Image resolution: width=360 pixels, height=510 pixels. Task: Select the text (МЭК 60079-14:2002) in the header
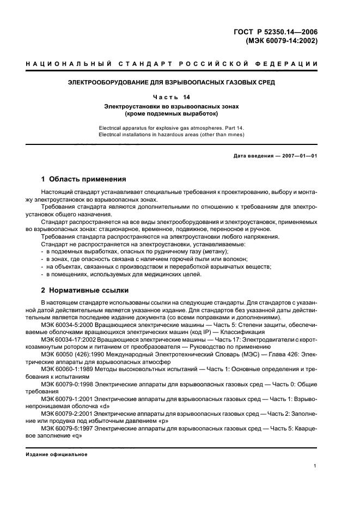(x=282, y=40)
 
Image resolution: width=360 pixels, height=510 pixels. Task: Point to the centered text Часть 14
(x=171, y=97)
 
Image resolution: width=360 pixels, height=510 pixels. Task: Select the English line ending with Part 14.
(x=171, y=127)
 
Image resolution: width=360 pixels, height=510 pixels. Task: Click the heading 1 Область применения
(x=84, y=179)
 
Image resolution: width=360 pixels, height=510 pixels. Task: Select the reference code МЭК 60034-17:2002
(x=68, y=339)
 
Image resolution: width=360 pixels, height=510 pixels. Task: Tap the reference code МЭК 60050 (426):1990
(x=70, y=354)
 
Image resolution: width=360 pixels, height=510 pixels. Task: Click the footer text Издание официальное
(x=57, y=454)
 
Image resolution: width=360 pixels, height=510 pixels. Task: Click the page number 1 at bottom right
(x=315, y=466)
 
